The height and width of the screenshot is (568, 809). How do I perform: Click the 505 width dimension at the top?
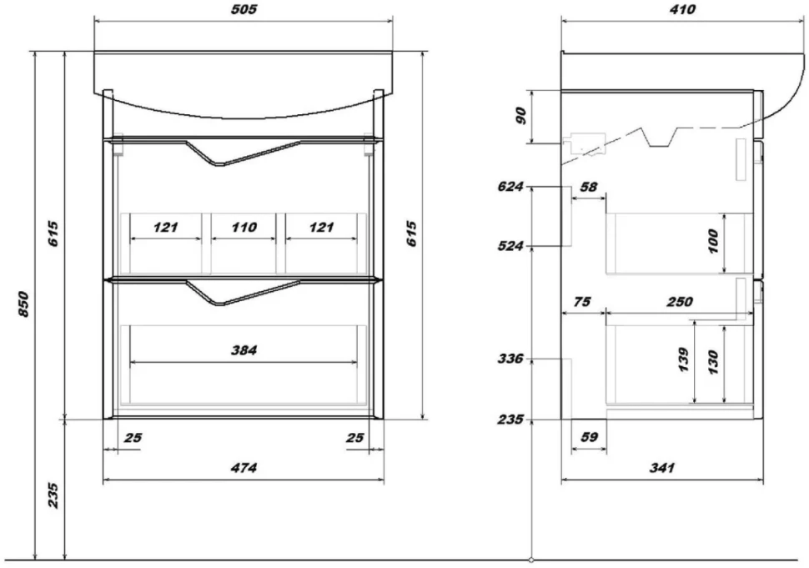tap(244, 10)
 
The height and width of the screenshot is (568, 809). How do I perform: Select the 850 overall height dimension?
tap(23, 304)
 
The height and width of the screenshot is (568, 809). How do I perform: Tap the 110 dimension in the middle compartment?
tap(244, 228)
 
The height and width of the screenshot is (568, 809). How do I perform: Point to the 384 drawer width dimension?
tap(244, 351)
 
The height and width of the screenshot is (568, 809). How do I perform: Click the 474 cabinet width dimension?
tap(244, 468)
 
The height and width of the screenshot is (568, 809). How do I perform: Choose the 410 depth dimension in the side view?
tap(682, 10)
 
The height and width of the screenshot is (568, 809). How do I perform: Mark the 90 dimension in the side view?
tap(521, 116)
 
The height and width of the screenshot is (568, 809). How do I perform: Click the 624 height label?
tap(510, 186)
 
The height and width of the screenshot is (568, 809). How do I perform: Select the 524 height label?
tap(510, 246)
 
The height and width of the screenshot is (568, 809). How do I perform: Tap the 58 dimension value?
tap(589, 187)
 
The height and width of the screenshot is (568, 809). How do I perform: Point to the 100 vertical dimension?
tap(713, 241)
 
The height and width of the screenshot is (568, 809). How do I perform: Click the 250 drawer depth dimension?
tap(680, 301)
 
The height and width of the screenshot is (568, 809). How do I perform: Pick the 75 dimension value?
tap(582, 301)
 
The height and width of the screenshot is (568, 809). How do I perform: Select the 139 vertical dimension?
tap(684, 360)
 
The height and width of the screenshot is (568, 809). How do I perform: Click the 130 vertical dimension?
tap(713, 362)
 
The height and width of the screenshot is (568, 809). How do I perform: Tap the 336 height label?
tap(510, 358)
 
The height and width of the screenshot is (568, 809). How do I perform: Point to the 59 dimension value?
tap(589, 437)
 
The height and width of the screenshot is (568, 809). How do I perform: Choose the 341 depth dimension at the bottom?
tap(662, 468)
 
